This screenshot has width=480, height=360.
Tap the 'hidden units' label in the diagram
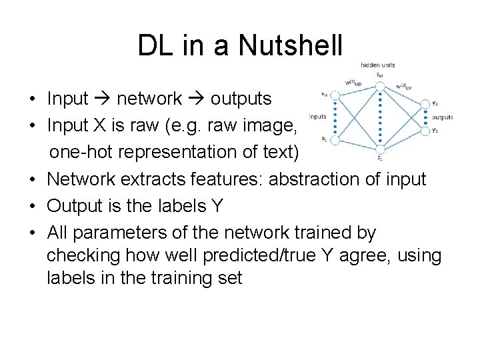coord(377,65)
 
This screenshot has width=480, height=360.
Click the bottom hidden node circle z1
coord(379,149)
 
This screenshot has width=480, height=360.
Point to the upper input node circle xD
coord(335,95)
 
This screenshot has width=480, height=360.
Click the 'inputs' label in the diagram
coord(318,116)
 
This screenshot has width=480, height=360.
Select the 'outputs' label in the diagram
coord(442,117)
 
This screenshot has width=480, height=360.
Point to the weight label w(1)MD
coord(353,83)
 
